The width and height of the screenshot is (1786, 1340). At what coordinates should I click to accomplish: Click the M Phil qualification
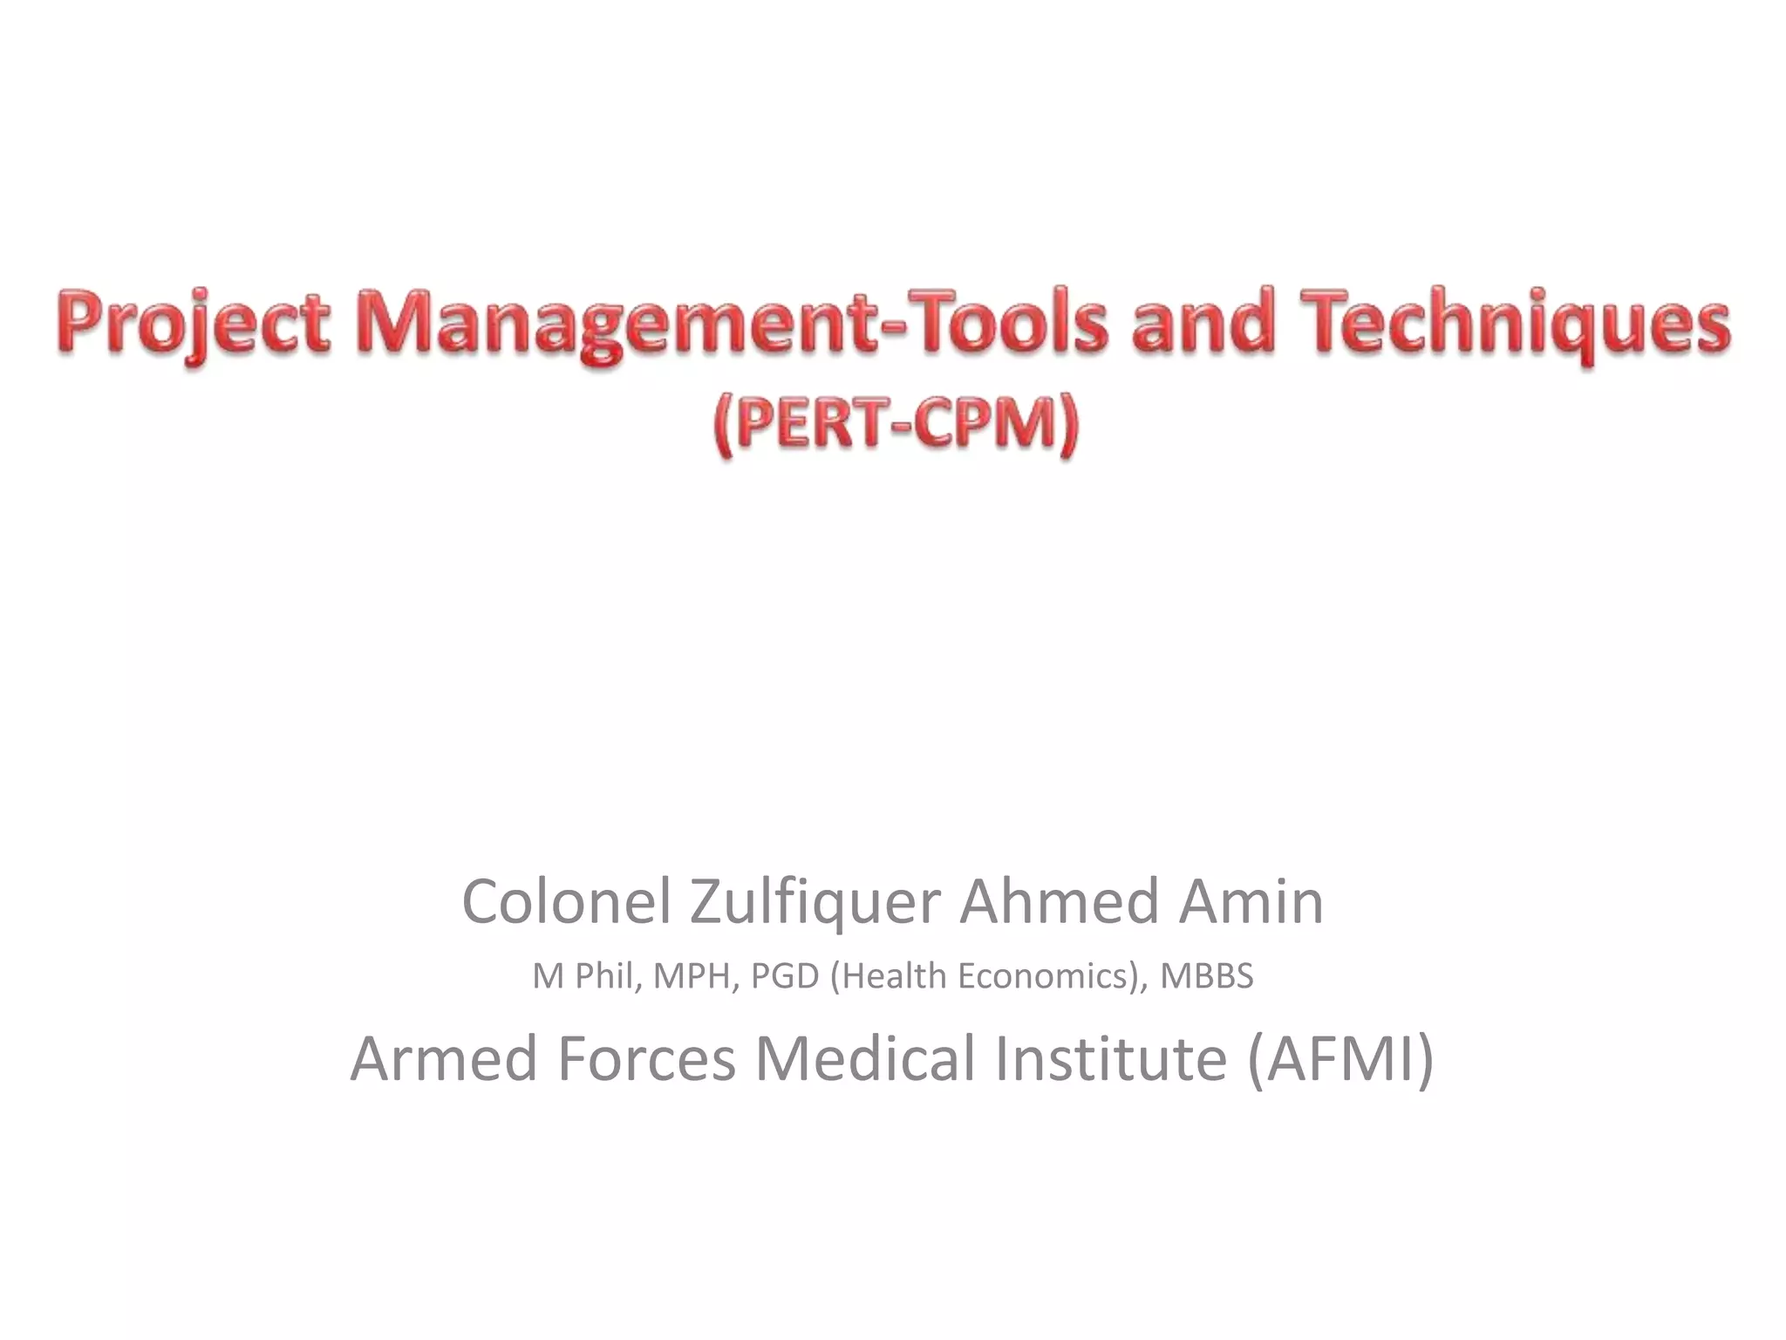pyautogui.click(x=582, y=976)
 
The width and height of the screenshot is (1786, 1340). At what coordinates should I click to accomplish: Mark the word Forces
pyautogui.click(x=646, y=1058)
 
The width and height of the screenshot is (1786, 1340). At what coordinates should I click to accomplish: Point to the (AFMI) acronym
pyautogui.click(x=1340, y=1058)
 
